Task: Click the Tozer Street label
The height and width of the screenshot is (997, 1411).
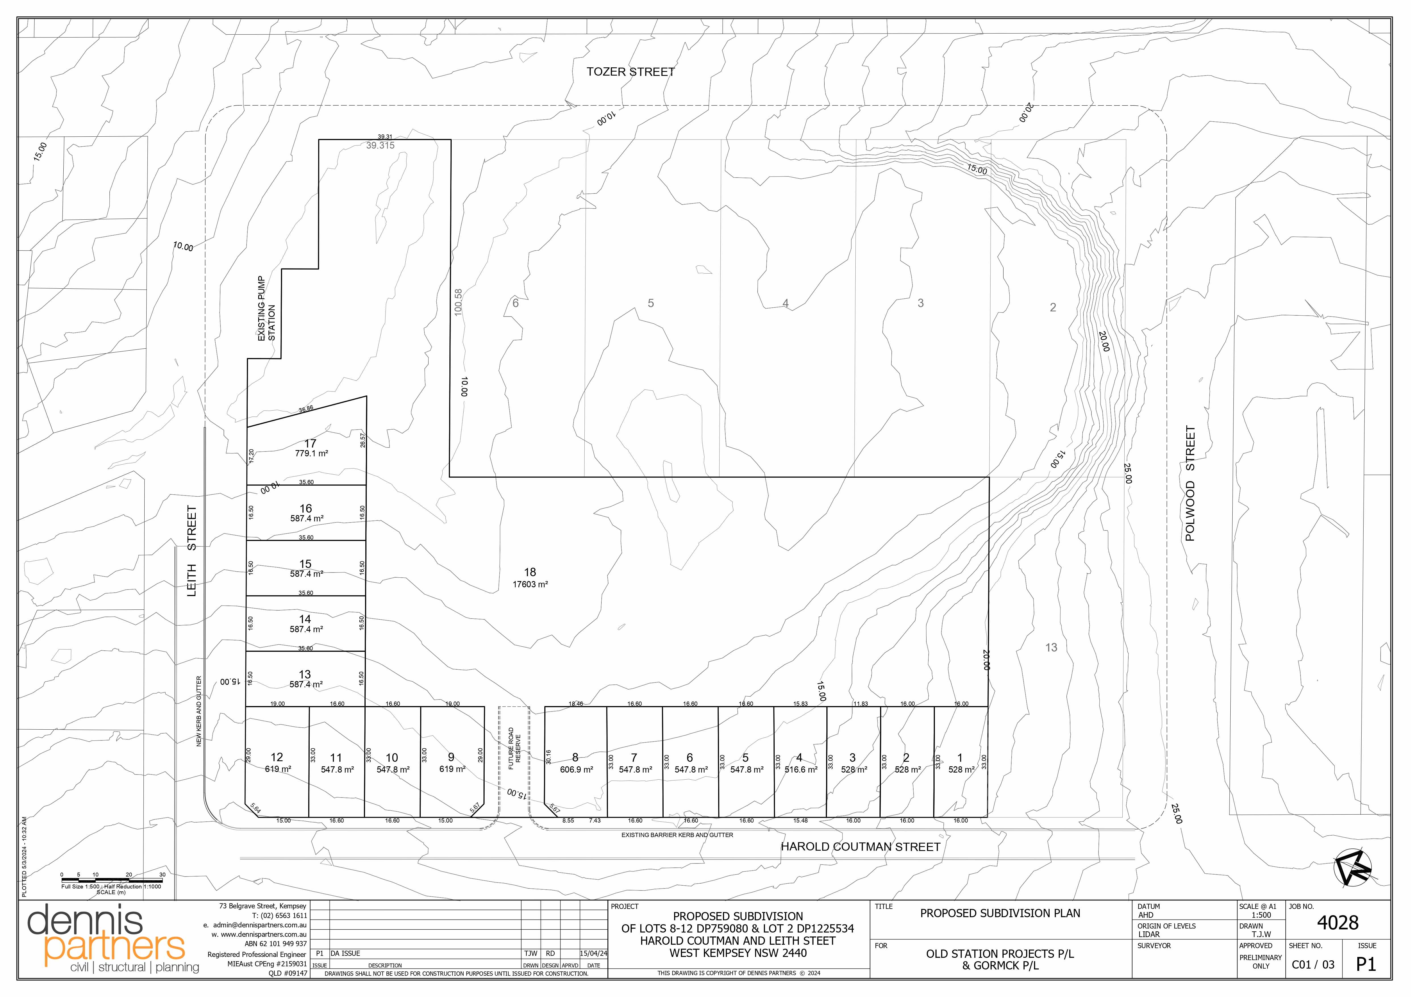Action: tap(631, 72)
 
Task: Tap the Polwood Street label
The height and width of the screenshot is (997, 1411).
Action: tap(1190, 484)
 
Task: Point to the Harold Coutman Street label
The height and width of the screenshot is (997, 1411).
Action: tap(860, 847)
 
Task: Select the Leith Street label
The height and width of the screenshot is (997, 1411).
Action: tap(192, 551)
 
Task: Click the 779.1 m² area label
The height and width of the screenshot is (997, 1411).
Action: tap(312, 453)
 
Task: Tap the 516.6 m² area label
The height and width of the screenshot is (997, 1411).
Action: tap(801, 770)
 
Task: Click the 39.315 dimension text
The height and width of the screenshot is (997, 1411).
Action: tap(380, 146)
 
